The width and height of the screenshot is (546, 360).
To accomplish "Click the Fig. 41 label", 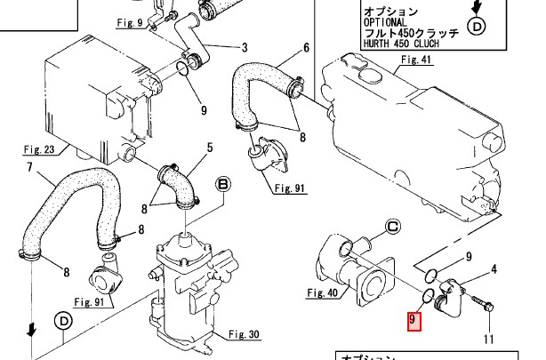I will pos(416,60).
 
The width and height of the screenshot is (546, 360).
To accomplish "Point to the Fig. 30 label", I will pos(243,334).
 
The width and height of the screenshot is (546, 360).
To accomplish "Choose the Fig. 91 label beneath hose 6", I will pos(289,188).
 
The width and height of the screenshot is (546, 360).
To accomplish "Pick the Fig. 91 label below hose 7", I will pos(90,301).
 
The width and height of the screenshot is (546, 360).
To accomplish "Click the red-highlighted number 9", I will pos(414,319).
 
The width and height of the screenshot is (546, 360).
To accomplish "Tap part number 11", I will pos(487,339).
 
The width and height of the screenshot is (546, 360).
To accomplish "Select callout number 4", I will pos(494,268).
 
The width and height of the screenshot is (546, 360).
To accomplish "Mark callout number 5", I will pos(210,147).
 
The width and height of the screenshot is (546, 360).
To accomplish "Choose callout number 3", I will pos(245,45).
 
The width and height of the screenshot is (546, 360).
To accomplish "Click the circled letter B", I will pos(222,185).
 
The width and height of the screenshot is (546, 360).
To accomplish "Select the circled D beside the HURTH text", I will pos(477,27).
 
